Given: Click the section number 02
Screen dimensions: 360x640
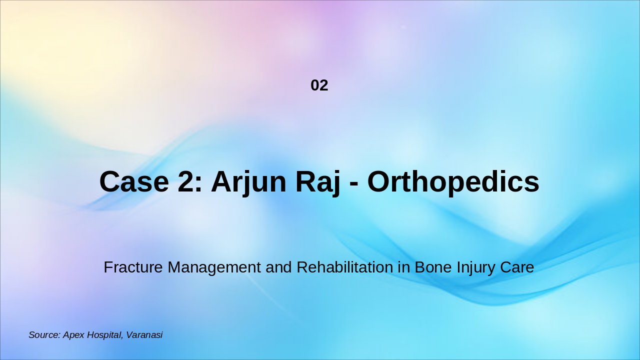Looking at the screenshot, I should coord(319,85).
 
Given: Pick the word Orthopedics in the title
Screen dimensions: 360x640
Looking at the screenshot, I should coord(453,181).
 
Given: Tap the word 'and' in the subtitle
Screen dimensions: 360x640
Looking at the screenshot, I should coord(279,267).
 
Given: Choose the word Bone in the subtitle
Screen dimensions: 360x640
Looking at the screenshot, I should coord(432,267).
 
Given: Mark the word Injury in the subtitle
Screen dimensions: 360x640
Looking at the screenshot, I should coord(475,267).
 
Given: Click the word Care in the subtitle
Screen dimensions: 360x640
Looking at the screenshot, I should coord(517,267).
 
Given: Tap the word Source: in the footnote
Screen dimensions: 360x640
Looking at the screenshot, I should coord(44,335).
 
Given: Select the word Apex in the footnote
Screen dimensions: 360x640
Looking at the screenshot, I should coord(74,335).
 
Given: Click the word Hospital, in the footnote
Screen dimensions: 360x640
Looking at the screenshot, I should coord(105,335).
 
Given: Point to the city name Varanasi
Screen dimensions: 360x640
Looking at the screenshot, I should coord(144,335).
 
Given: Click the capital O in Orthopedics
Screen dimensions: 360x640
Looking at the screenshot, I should coord(378,181).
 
